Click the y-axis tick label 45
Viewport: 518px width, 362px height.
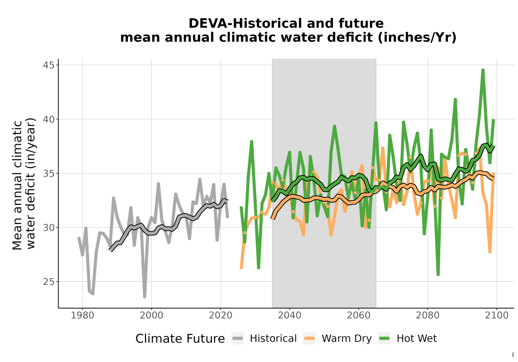click(49, 65)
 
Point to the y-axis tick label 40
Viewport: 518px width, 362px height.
click(49, 119)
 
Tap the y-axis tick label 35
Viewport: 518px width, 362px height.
click(49, 173)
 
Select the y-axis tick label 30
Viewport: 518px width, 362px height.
click(49, 228)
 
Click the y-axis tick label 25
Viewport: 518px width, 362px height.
click(49, 281)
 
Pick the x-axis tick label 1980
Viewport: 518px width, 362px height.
click(82, 315)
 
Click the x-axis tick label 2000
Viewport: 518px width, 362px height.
click(151, 315)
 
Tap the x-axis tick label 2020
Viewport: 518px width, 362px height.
click(220, 315)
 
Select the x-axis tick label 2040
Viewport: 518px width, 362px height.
click(290, 315)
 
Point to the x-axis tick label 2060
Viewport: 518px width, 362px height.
click(358, 315)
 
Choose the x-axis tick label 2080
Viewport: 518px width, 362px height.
click(427, 315)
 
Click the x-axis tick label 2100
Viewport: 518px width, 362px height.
click(497, 315)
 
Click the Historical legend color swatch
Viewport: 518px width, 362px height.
click(238, 338)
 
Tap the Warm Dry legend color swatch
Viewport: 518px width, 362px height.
click(309, 338)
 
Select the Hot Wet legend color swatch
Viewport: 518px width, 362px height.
click(384, 338)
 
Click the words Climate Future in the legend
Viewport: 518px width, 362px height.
click(180, 339)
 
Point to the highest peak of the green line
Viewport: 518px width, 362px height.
click(483, 70)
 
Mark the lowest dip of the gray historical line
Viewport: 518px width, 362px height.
click(145, 297)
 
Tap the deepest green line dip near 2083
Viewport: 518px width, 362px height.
click(438, 274)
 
